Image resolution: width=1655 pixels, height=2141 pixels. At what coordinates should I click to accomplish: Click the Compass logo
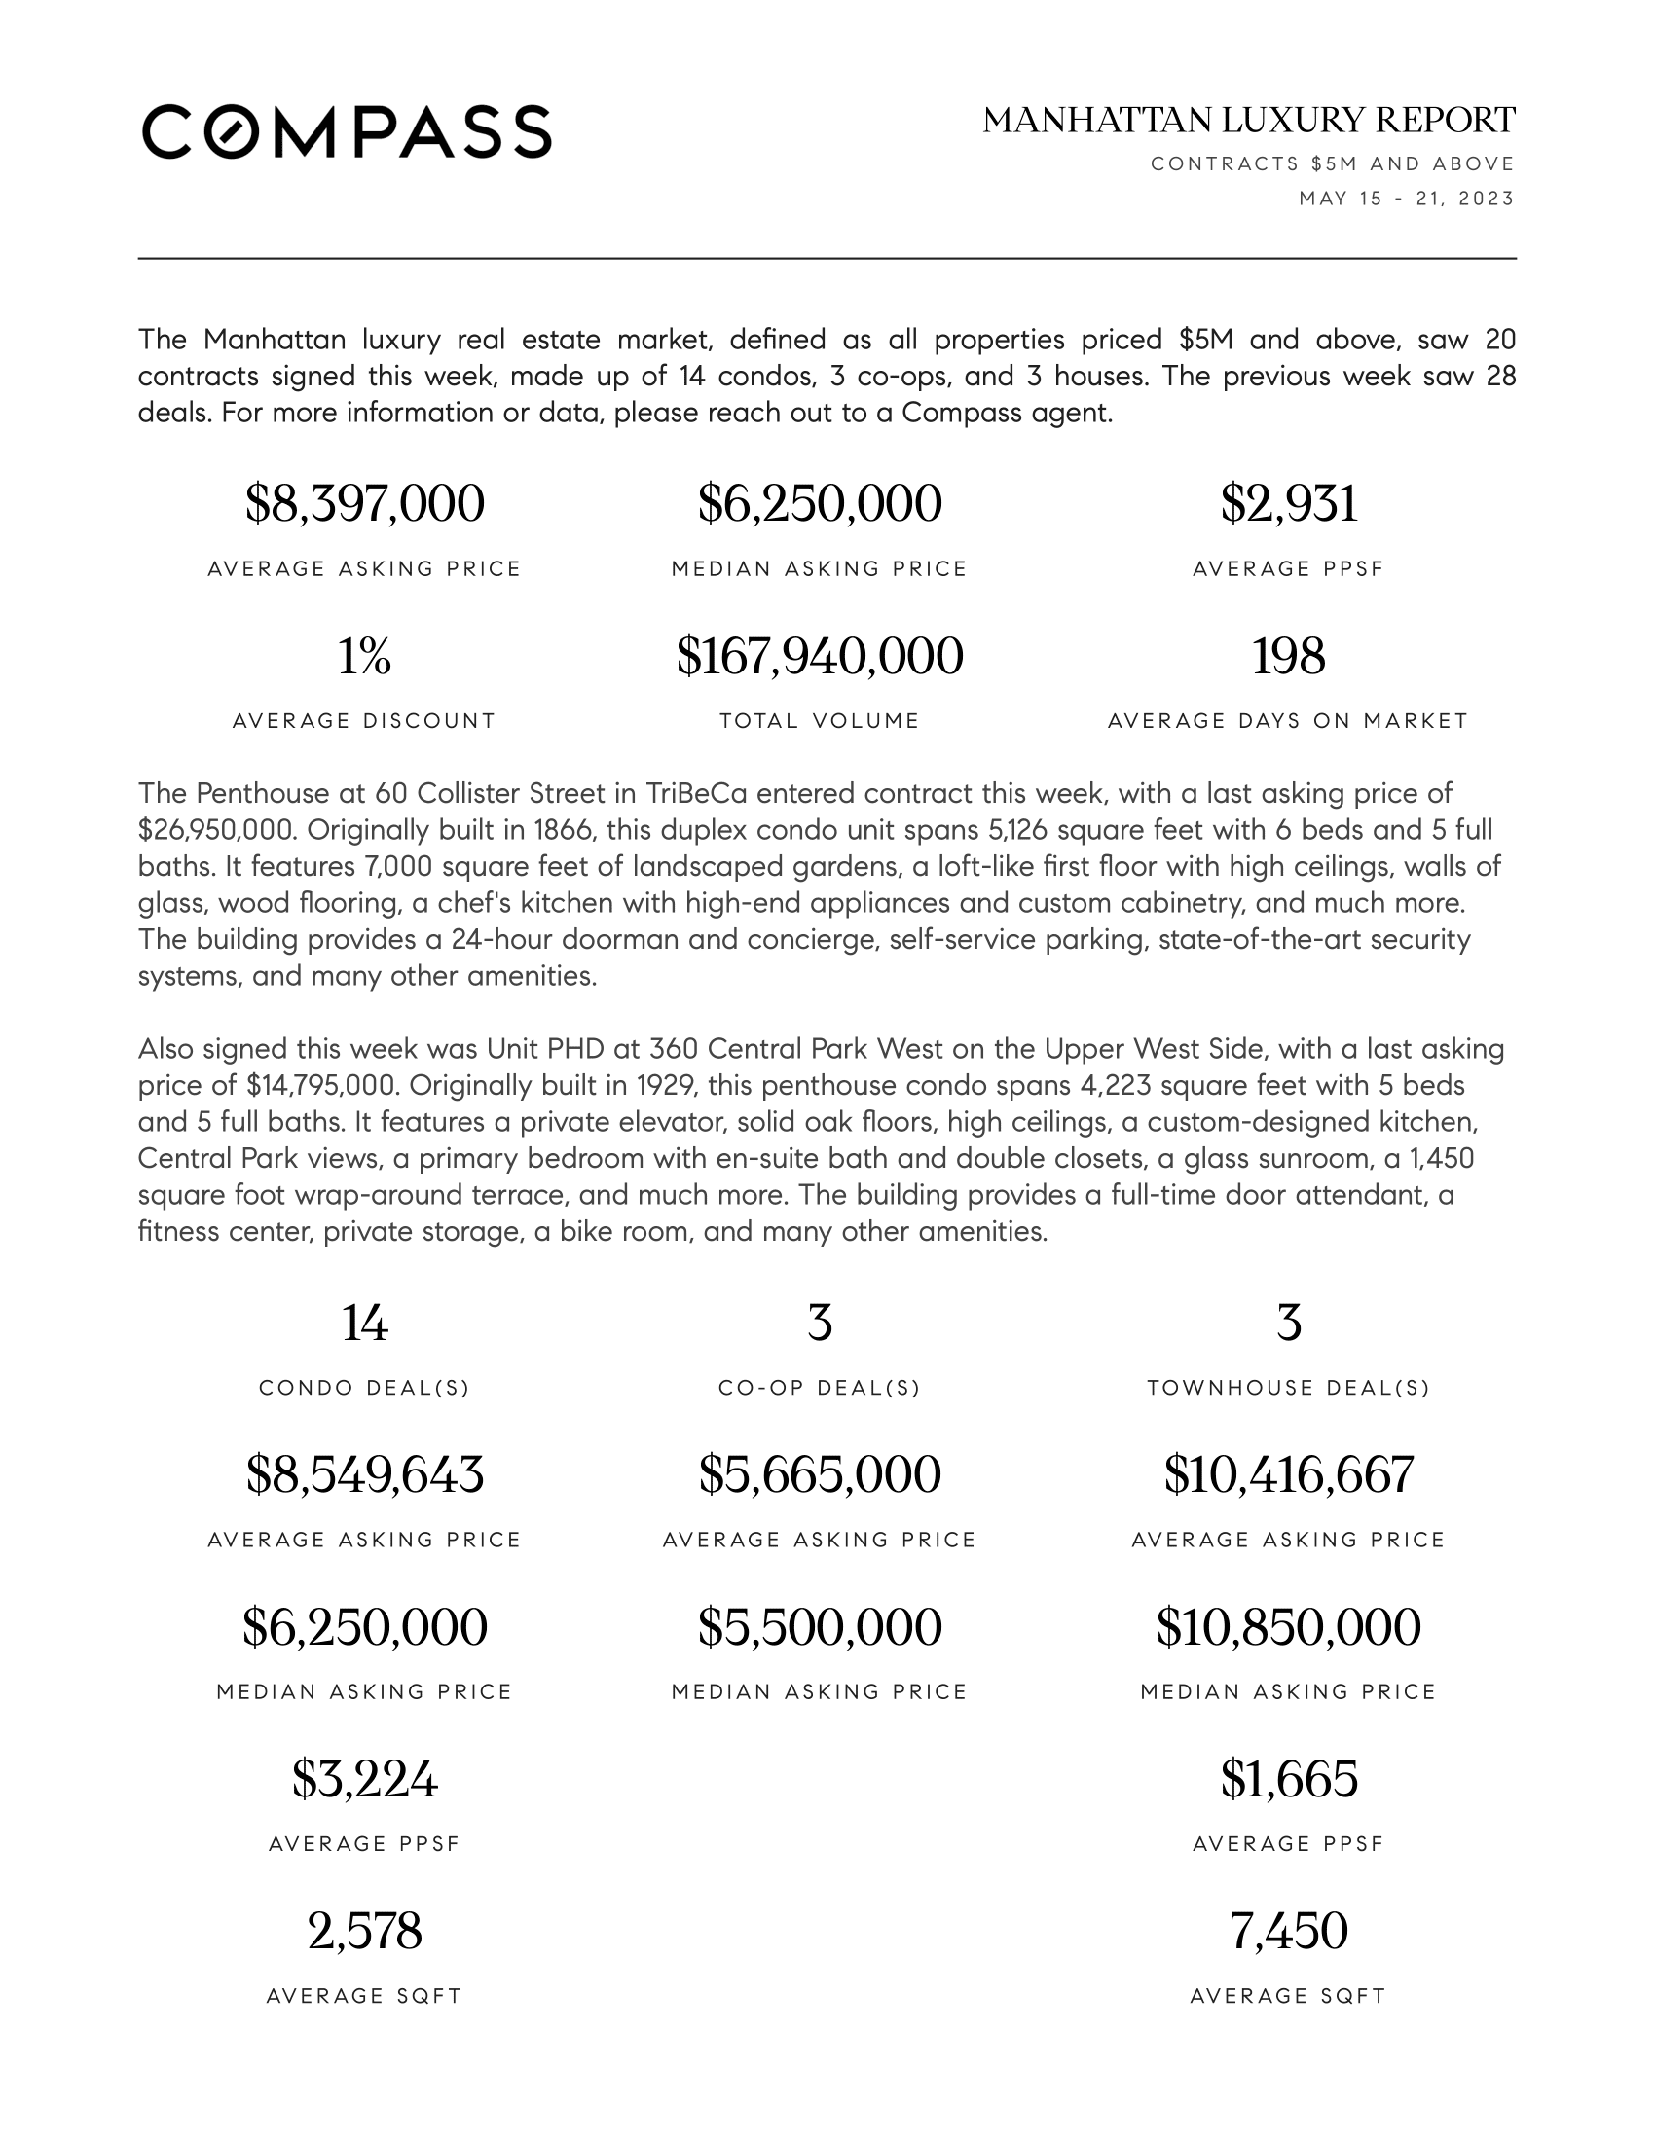347,131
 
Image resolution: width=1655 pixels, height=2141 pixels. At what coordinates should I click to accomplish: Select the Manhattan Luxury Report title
1248,121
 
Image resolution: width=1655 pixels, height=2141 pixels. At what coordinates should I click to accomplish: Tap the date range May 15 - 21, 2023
1406,199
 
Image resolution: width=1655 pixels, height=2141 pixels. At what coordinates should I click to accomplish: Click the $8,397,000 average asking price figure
364,504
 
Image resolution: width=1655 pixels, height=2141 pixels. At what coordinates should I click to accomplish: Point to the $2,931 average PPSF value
1288,504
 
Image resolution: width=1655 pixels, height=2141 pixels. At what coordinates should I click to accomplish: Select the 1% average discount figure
364,656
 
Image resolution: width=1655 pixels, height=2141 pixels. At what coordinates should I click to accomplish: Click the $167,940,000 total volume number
820,656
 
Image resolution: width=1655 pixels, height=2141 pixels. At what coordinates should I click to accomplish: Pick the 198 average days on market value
1288,656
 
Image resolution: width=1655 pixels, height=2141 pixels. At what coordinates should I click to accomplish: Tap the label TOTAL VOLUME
820,721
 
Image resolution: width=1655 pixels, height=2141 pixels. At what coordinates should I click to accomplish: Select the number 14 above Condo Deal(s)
364,1324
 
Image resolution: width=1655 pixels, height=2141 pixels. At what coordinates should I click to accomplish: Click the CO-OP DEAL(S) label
820,1388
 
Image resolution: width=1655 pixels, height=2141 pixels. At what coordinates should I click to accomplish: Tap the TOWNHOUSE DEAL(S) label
1288,1388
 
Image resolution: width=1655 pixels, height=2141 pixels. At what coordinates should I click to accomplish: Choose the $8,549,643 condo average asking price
364,1475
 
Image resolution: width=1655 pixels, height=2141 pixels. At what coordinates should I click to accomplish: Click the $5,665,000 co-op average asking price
820,1475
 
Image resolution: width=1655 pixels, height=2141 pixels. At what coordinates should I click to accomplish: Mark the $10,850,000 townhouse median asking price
1288,1627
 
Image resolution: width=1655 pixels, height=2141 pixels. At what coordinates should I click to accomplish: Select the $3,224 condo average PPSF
364,1779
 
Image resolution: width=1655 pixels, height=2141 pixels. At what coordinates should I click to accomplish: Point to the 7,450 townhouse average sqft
1288,1931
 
